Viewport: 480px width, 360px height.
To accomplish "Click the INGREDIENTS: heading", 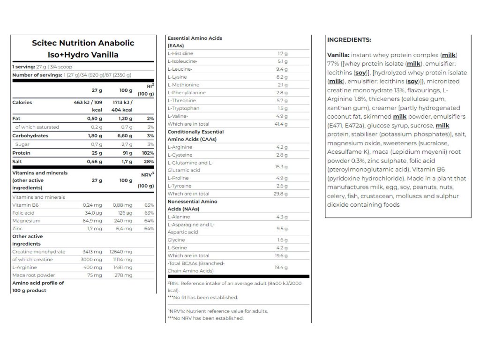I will coord(349,40).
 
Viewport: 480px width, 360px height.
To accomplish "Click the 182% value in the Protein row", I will coord(148,153).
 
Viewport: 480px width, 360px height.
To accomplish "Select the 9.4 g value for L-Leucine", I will coord(282,69).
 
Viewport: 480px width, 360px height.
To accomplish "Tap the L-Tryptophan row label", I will coord(183,108).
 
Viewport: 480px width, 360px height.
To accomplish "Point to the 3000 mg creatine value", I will coord(92,259).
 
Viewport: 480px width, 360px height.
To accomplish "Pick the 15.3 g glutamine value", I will coord(282,166).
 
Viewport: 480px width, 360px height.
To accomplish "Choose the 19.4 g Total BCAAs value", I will coord(282,267).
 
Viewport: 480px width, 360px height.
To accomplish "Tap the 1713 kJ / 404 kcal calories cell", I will coord(123,105).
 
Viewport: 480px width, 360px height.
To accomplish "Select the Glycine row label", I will coord(176,240).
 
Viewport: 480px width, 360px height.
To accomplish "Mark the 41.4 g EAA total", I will coord(282,124).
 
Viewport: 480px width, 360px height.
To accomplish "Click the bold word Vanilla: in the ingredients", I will coord(337,55).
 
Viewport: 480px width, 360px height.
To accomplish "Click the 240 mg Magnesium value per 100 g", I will coord(123,220).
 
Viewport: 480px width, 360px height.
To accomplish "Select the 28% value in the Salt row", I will coord(149,161).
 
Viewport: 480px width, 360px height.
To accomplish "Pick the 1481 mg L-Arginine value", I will coord(123,267).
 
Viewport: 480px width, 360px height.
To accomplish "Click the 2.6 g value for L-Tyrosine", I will coord(282,186).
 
